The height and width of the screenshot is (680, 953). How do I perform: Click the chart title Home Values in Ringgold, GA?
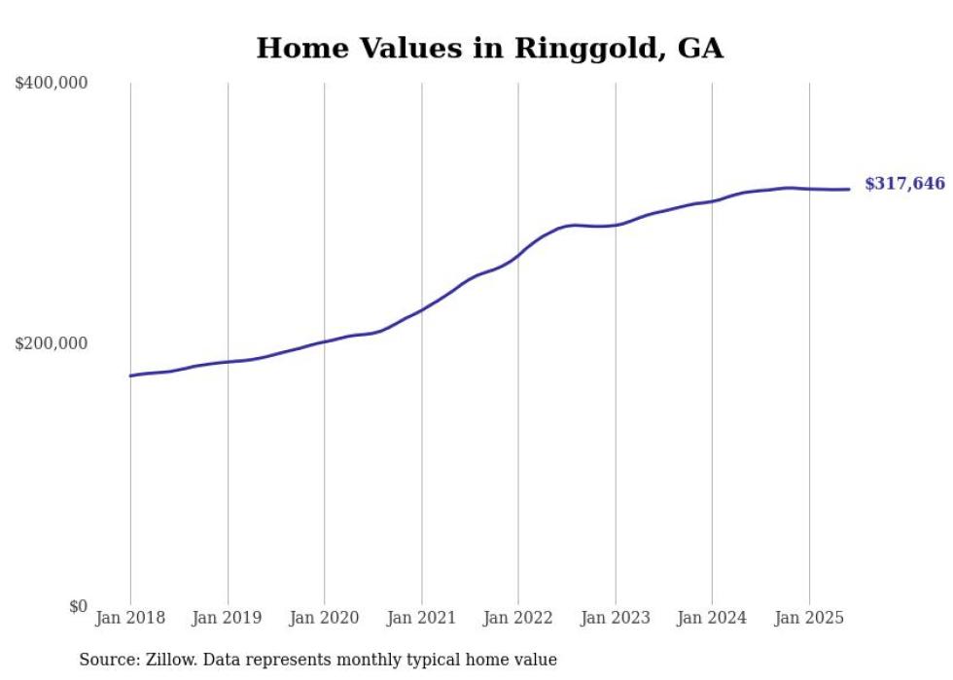click(489, 48)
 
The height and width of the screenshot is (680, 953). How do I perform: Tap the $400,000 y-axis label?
click(52, 84)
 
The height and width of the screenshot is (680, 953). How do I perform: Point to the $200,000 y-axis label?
click(52, 344)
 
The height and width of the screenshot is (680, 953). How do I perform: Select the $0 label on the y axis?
click(78, 606)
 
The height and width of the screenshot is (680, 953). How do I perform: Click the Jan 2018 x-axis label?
click(130, 618)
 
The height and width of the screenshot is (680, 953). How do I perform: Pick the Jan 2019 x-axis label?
click(228, 618)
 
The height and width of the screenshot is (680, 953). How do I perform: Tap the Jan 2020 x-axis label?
click(325, 618)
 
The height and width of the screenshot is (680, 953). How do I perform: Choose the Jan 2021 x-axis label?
click(421, 618)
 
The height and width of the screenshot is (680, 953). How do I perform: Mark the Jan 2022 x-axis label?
click(518, 618)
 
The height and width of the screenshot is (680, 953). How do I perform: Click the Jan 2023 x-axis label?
click(616, 618)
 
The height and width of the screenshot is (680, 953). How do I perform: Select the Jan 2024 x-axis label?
click(712, 618)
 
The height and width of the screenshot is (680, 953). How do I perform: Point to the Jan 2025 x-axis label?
click(809, 618)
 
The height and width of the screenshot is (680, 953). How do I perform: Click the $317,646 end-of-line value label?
click(904, 184)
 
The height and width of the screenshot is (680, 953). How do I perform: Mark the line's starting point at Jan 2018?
click(130, 376)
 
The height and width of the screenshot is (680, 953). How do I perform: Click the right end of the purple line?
click(849, 189)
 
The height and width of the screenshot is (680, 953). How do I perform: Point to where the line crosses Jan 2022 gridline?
click(518, 258)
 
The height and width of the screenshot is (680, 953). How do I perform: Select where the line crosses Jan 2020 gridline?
click(325, 341)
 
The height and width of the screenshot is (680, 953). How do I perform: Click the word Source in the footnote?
click(105, 661)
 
